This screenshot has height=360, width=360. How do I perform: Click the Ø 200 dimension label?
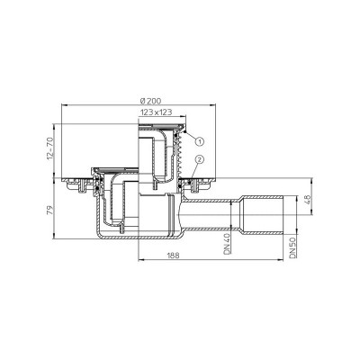(x=150, y=101)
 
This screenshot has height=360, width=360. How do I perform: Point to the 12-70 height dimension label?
(x=49, y=148)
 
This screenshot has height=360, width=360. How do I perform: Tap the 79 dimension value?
(x=50, y=210)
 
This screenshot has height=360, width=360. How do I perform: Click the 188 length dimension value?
(x=174, y=256)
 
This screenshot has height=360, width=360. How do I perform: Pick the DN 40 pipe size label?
(x=227, y=244)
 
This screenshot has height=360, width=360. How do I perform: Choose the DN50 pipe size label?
(x=292, y=247)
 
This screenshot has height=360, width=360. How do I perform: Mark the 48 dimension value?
(x=308, y=200)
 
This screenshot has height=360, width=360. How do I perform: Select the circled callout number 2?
(x=200, y=159)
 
